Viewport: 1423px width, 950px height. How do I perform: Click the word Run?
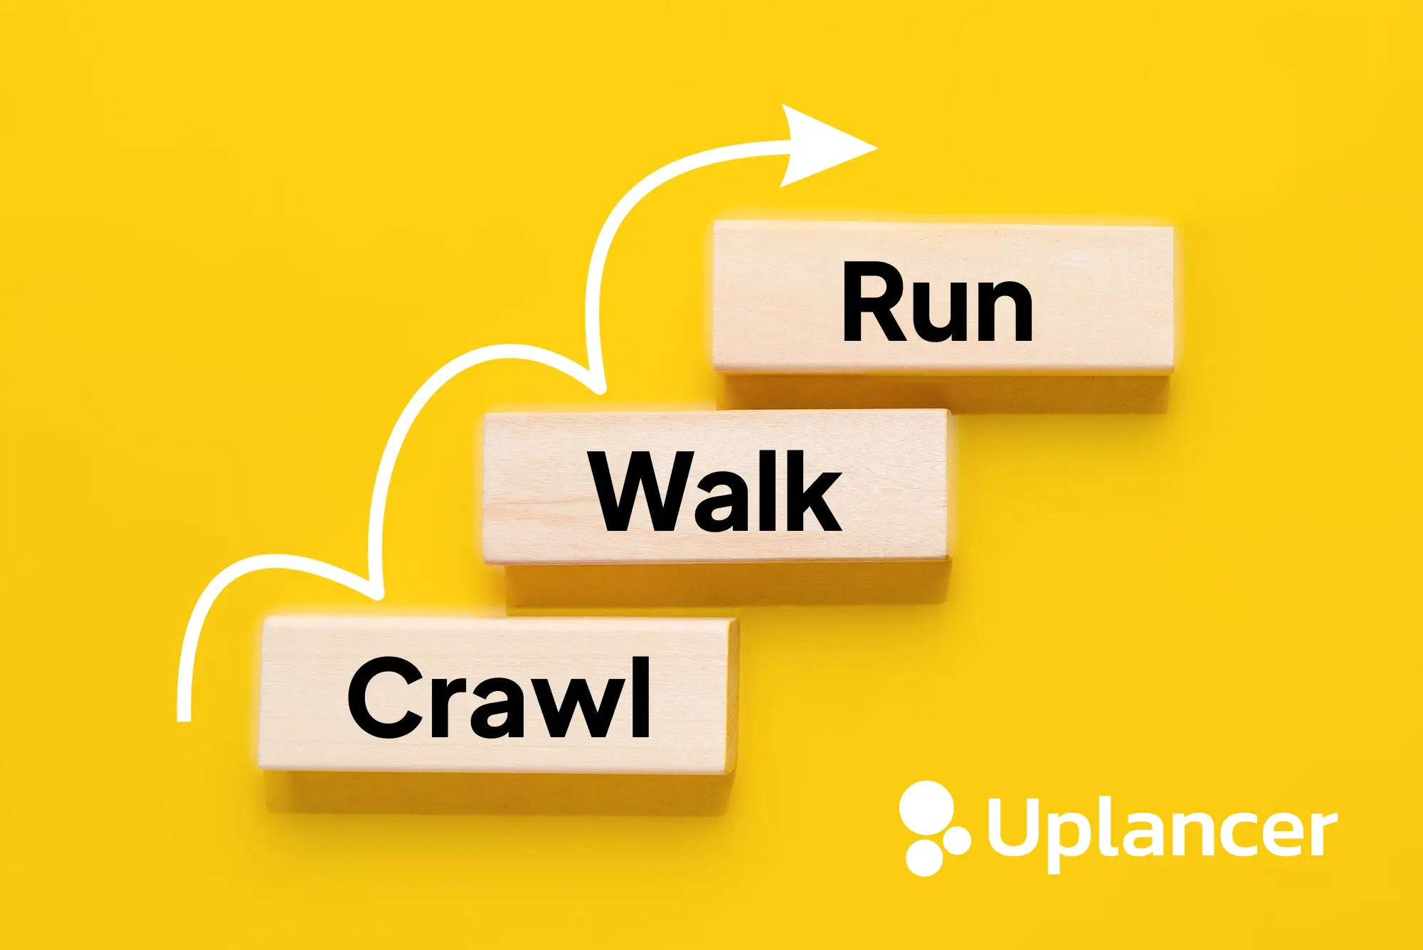[x=938, y=302]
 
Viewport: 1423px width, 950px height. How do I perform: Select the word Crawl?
[x=499, y=698]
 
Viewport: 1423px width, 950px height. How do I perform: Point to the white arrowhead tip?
[x=878, y=149]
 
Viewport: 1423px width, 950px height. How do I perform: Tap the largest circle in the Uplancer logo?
[x=926, y=808]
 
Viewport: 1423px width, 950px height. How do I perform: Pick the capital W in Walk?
[x=643, y=492]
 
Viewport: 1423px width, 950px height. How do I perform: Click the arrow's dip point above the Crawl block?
[x=378, y=594]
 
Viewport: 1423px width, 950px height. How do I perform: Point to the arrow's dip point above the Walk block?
[x=599, y=389]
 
